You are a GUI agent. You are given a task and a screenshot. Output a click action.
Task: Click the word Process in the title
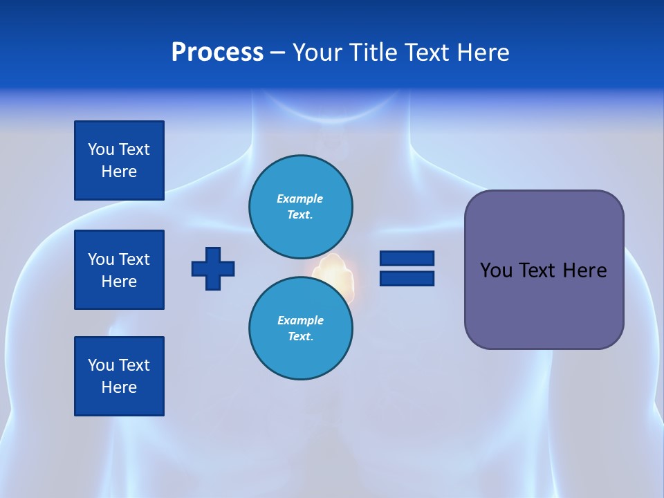(x=217, y=53)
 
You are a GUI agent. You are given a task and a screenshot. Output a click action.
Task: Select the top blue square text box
(x=119, y=160)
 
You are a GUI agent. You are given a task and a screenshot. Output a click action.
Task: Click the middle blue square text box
(x=119, y=270)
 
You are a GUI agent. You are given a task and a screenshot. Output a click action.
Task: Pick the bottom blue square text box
(x=119, y=376)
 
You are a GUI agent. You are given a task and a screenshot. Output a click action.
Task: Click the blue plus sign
(x=213, y=268)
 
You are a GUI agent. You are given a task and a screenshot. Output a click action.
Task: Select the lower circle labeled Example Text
(x=300, y=328)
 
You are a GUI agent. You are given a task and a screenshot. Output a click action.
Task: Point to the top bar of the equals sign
(x=407, y=258)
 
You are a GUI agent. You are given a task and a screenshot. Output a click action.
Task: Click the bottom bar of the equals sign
(x=407, y=278)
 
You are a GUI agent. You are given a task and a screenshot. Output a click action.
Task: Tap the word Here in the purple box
(x=584, y=270)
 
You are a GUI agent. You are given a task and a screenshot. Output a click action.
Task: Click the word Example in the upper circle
(x=299, y=199)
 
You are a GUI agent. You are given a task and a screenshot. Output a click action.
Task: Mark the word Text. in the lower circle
(x=300, y=337)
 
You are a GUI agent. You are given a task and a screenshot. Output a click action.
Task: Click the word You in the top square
(x=100, y=149)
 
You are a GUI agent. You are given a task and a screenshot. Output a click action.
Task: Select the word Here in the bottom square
(x=119, y=387)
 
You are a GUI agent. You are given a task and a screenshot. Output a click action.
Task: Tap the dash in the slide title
(x=278, y=53)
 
